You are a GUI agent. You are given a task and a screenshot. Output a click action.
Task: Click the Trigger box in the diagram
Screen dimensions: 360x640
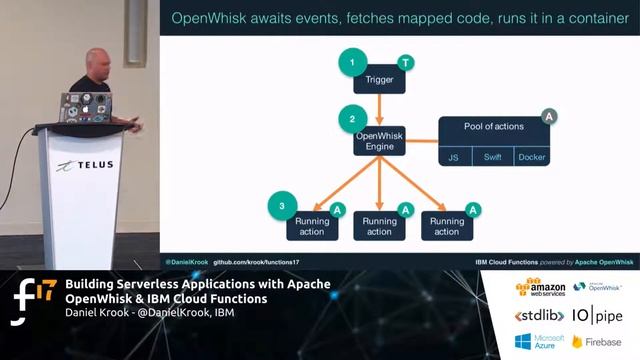click(x=380, y=79)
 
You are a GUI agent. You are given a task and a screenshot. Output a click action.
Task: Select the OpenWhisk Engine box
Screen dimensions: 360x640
click(x=379, y=141)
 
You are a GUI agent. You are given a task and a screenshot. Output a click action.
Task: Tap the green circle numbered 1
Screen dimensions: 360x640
click(x=351, y=64)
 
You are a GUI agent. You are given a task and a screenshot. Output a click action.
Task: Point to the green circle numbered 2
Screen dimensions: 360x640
click(x=351, y=120)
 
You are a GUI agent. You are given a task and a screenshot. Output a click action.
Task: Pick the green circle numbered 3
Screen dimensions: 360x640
click(x=283, y=207)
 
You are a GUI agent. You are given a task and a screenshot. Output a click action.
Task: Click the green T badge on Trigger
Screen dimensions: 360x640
click(x=405, y=62)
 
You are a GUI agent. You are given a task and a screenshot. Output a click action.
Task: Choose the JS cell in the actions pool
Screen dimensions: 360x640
click(x=453, y=157)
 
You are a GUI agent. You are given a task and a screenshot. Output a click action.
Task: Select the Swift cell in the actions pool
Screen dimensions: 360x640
click(x=492, y=157)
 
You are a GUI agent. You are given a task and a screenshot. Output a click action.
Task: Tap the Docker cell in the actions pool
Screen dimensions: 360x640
click(x=532, y=157)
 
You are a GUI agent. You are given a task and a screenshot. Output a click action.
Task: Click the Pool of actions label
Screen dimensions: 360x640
click(x=493, y=126)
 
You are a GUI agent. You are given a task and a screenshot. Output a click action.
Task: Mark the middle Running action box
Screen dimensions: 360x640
click(x=379, y=226)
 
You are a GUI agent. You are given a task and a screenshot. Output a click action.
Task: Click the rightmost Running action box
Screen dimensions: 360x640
click(x=447, y=226)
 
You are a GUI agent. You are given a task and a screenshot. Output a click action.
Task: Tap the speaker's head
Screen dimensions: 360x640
click(x=97, y=61)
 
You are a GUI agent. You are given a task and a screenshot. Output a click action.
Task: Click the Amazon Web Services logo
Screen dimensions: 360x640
click(x=540, y=288)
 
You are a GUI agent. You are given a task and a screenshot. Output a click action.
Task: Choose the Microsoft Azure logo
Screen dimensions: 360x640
click(x=540, y=342)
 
